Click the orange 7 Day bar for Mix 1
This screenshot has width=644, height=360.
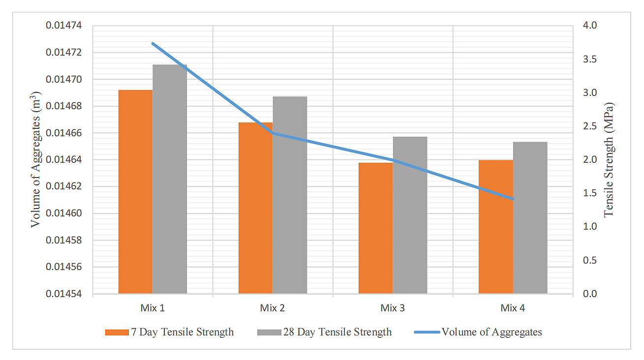click(x=135, y=192)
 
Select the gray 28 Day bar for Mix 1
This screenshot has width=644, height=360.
click(x=170, y=179)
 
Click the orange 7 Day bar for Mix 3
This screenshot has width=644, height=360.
click(x=375, y=228)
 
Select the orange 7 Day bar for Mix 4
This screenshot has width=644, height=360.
click(x=495, y=227)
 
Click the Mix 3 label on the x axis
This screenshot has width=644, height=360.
click(x=393, y=308)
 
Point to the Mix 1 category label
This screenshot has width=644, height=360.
click(x=153, y=308)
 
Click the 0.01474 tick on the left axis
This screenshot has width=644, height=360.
click(x=65, y=26)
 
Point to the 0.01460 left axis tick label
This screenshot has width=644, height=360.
click(x=65, y=213)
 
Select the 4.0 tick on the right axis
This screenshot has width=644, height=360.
click(x=589, y=26)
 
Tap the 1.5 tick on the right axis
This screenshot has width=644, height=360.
click(x=589, y=193)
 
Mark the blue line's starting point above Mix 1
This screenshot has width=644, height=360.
click(x=153, y=43)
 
